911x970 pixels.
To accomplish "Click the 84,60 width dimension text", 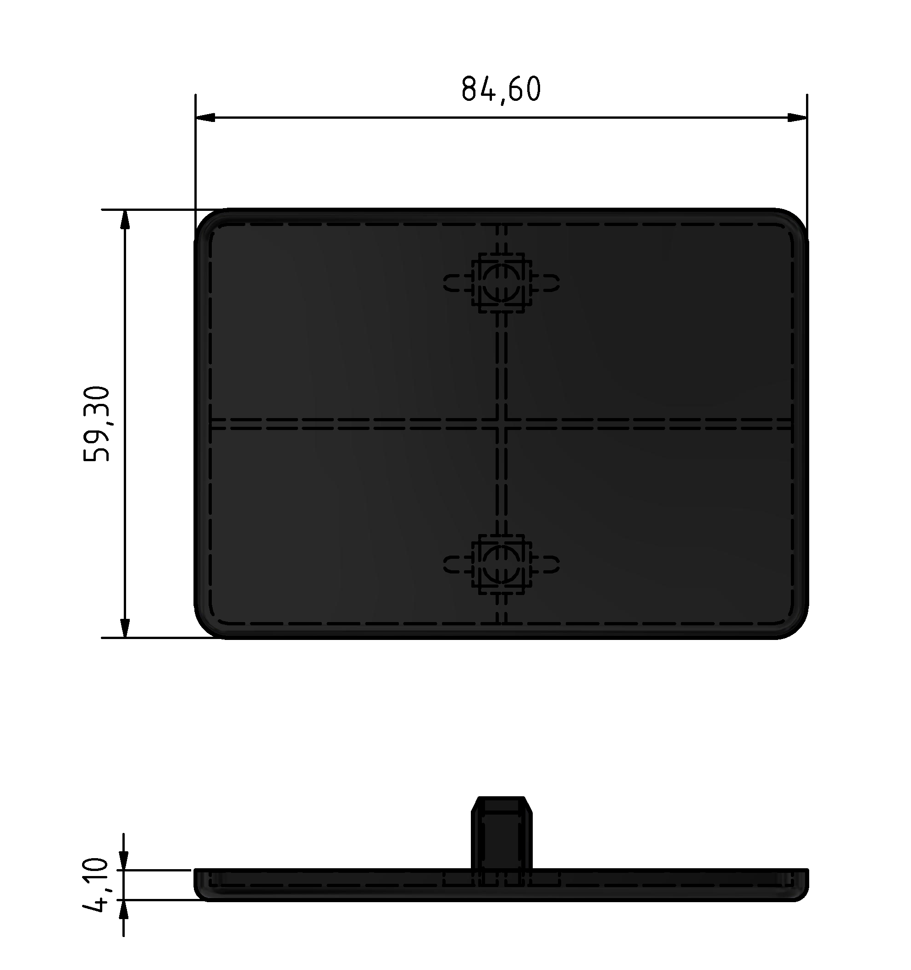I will tap(501, 90).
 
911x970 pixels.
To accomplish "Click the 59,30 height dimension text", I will tap(97, 424).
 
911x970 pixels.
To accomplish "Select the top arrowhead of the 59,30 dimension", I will tap(125, 220).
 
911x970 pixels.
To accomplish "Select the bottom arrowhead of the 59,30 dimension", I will tap(125, 628).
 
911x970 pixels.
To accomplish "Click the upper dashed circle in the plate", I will tap(501, 283).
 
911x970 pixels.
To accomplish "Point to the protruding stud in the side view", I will tap(501, 839).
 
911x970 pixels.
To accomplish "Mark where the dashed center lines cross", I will tap(501, 424).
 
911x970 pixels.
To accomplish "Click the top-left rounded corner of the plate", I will tap(206, 221).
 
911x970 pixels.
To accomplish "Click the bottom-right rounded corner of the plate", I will tap(796, 627).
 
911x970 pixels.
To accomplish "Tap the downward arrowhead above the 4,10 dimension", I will tap(123, 860).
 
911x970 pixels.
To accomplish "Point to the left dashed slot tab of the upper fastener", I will tap(456, 283).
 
